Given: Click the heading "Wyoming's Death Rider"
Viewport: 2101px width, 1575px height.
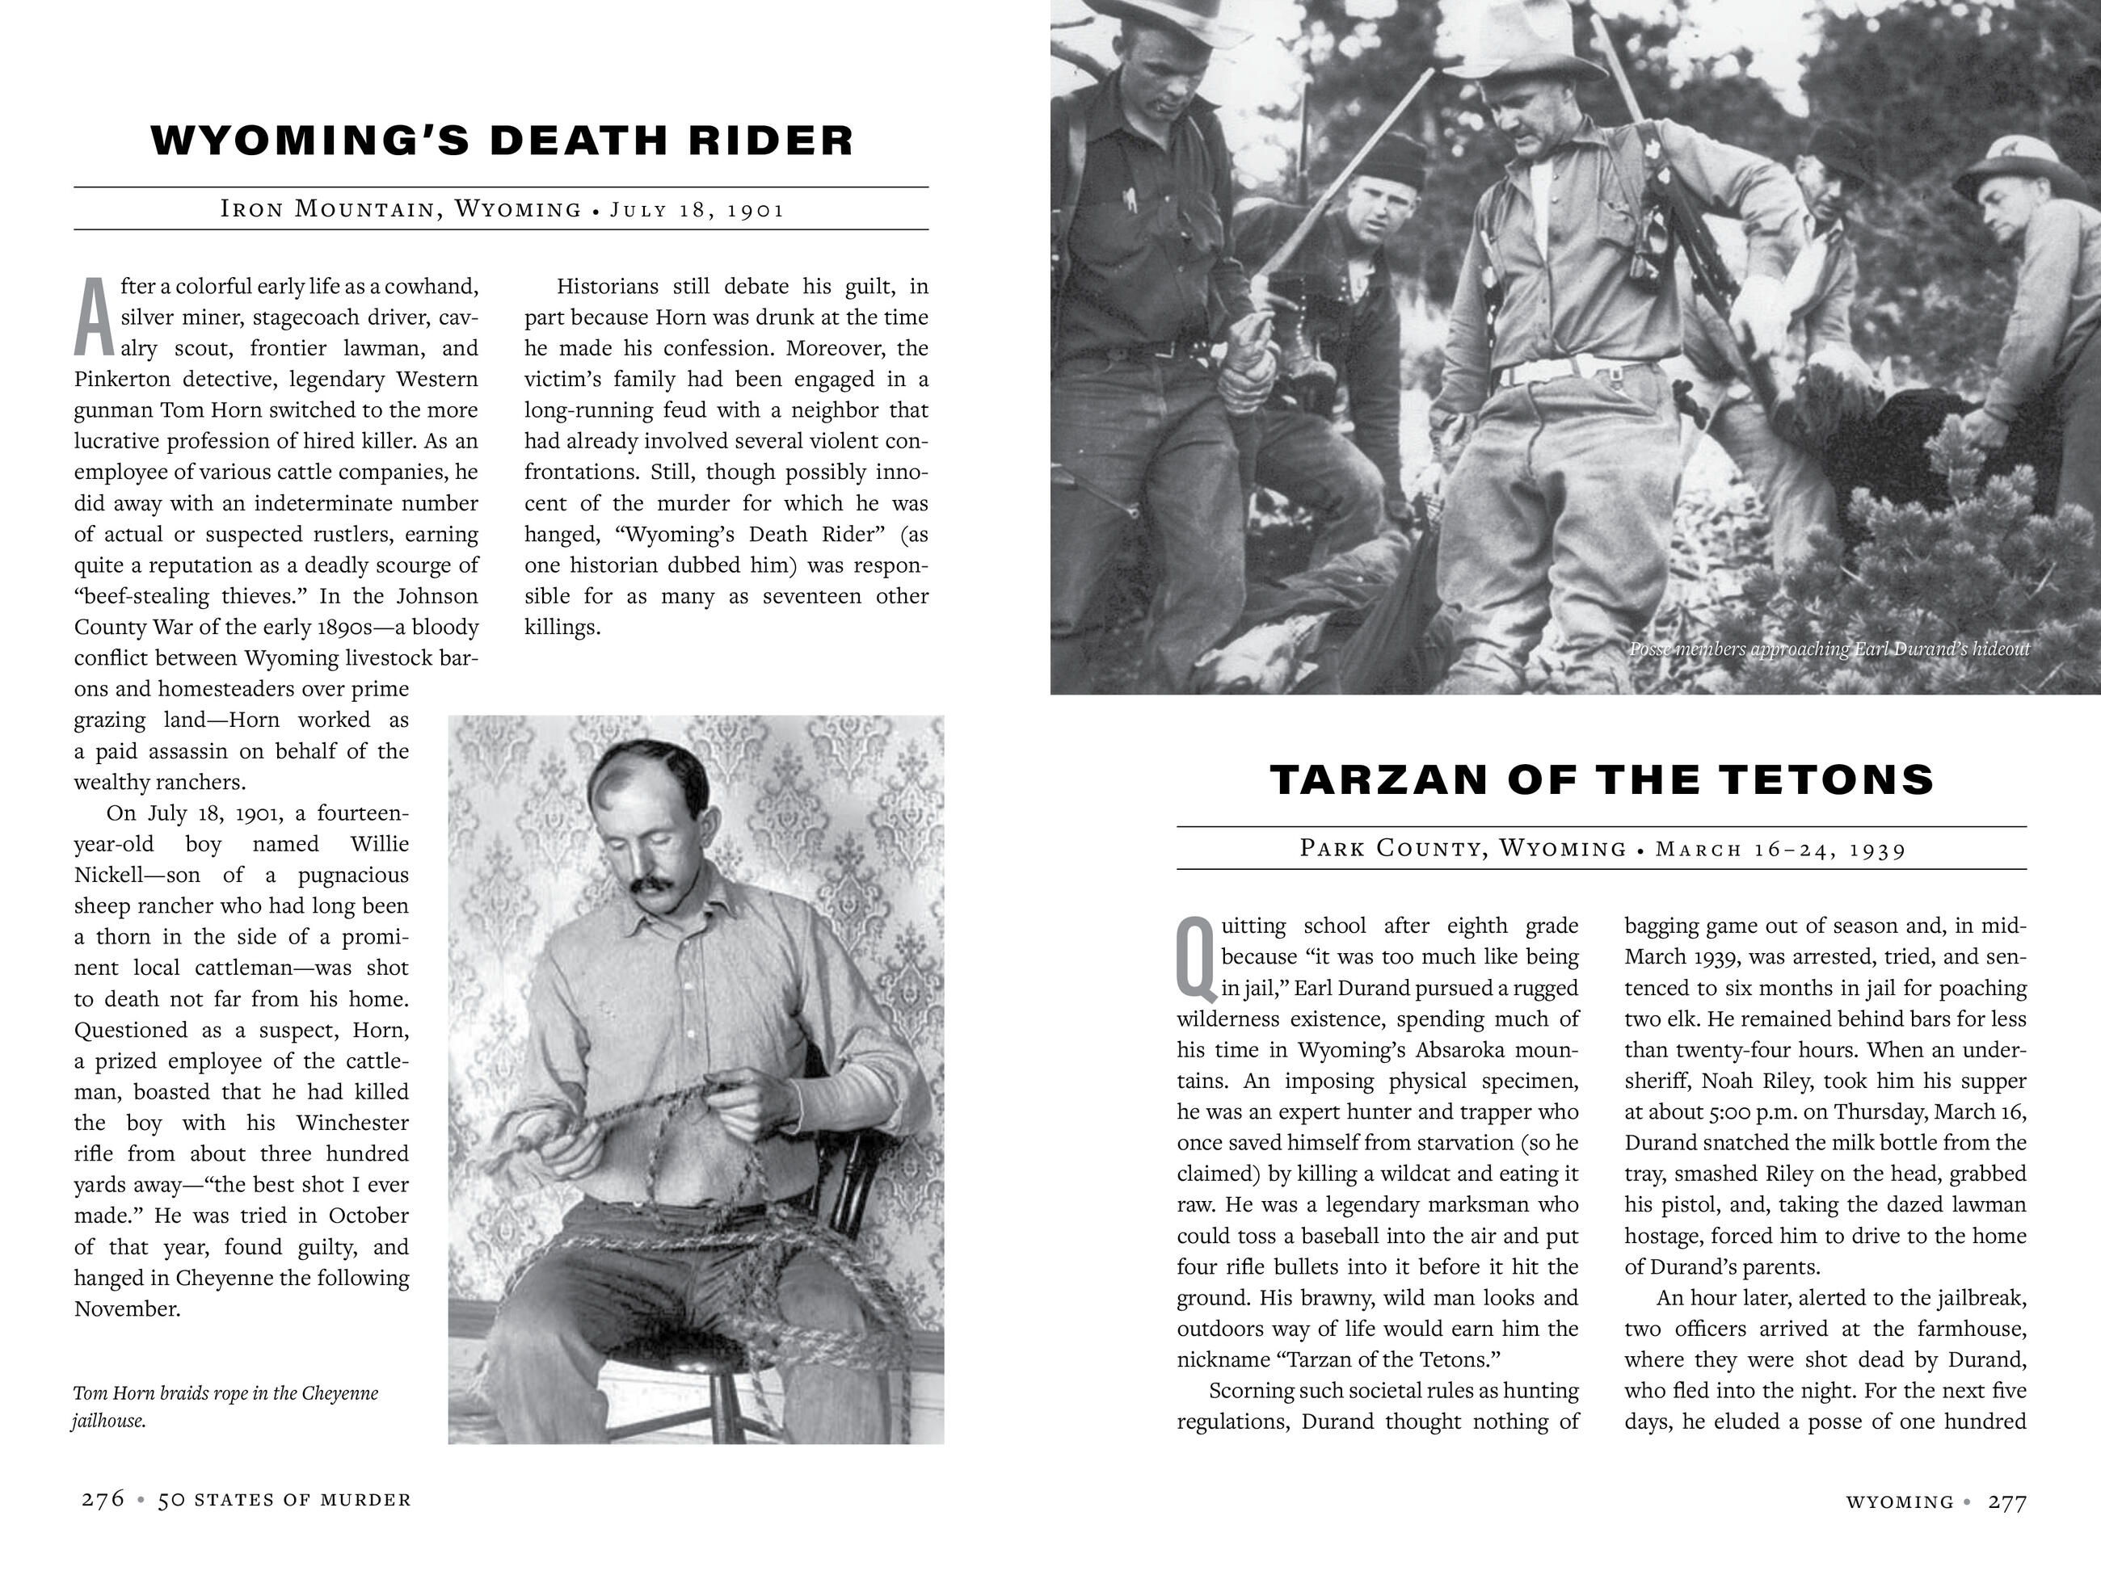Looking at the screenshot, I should click(503, 140).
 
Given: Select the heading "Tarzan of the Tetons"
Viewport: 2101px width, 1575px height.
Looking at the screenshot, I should click(1602, 779).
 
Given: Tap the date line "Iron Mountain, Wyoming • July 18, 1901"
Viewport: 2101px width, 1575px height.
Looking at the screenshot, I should click(503, 209).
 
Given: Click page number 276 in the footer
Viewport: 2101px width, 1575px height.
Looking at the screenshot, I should click(103, 1499).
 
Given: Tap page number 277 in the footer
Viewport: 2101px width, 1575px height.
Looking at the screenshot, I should click(2008, 1501).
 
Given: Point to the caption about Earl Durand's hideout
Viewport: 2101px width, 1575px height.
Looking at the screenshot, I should click(1829, 649).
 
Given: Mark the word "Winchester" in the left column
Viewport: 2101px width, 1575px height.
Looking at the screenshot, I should click(352, 1123).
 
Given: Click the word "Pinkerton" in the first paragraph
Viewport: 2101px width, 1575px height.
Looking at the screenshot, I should click(120, 379).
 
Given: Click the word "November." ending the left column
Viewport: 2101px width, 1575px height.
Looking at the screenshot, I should click(128, 1308).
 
